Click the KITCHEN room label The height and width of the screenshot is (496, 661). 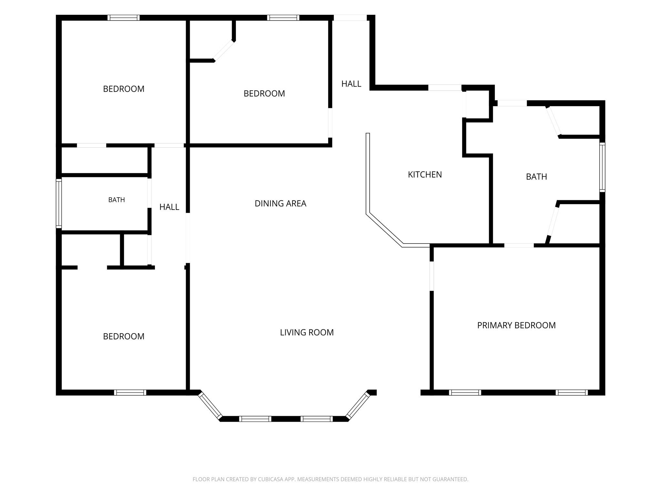tap(425, 175)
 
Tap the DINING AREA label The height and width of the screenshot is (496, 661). tap(280, 203)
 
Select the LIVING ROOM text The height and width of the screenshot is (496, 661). tap(307, 333)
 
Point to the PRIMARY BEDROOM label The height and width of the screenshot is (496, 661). tap(516, 325)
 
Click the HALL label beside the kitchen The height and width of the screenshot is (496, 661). tap(351, 84)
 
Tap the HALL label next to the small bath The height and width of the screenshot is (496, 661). tap(169, 207)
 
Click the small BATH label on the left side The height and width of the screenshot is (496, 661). tap(117, 200)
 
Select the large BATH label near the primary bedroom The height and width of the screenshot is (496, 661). tap(536, 177)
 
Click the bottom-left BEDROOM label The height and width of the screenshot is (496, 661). tap(124, 336)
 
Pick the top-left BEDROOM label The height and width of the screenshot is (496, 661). tap(124, 89)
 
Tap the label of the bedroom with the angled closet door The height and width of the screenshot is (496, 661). tap(264, 94)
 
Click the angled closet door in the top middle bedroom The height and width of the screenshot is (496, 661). tap(224, 51)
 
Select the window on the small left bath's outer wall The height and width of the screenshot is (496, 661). tap(59, 203)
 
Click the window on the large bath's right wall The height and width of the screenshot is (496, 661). tap(602, 167)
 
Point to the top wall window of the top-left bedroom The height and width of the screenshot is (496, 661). tap(124, 18)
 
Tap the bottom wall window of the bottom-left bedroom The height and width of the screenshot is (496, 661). tap(130, 393)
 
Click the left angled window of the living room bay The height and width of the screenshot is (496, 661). tap(210, 405)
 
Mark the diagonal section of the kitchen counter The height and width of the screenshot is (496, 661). tap(384, 229)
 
